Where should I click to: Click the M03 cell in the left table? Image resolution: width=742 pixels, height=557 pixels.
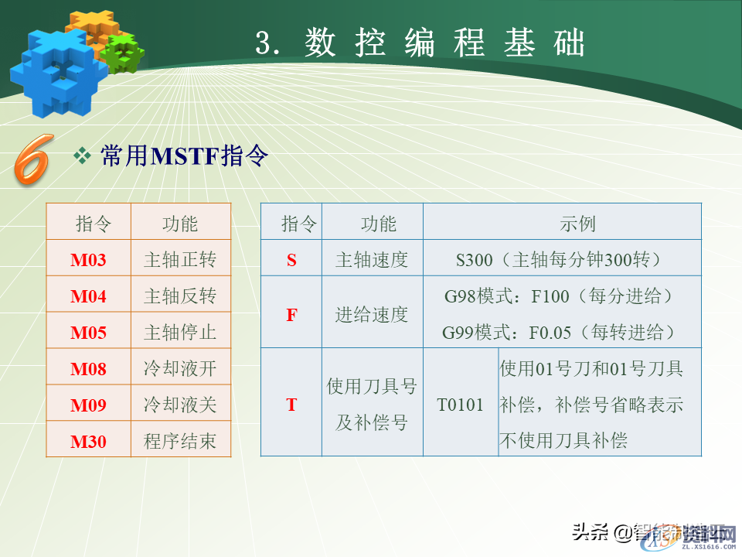pos(88,260)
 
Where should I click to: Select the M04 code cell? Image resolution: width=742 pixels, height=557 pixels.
pos(88,296)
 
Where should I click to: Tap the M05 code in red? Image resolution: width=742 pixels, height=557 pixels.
pos(88,333)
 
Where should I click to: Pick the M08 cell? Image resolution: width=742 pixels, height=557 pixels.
pos(88,369)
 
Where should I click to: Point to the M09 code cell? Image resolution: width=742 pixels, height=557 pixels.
pos(88,405)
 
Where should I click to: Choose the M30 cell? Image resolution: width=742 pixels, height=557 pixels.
pos(88,442)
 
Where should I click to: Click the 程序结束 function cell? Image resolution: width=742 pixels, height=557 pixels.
pos(180,442)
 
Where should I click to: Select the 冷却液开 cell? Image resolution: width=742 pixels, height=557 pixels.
pos(180,369)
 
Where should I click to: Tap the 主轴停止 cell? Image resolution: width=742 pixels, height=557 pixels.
pos(180,333)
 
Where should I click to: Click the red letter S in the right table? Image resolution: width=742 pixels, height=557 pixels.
pos(291,260)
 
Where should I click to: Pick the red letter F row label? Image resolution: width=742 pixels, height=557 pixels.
pos(291,315)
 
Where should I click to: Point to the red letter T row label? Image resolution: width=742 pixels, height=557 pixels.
pos(291,405)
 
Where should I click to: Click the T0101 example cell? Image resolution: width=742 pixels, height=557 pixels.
pos(460,405)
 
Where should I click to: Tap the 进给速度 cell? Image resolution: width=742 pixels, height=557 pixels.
pos(372,315)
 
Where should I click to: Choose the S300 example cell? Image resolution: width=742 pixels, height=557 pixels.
pos(562,260)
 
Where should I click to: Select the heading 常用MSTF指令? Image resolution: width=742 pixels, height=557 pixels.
pos(184,157)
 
